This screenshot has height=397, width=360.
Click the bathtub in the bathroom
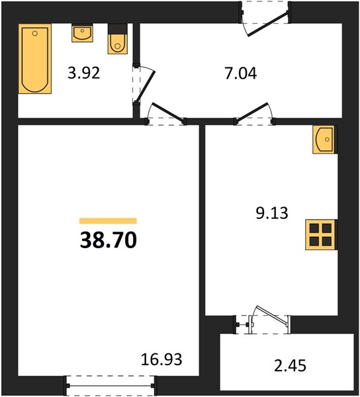pos(35,59)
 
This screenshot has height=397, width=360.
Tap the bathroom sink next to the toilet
pos(82,33)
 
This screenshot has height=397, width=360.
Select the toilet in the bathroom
pos(118,39)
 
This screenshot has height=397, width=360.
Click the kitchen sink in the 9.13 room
pos(324,140)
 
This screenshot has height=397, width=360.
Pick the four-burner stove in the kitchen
pos(320,235)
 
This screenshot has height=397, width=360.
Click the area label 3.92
pos(84,73)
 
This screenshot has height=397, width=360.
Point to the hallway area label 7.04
pos(241,73)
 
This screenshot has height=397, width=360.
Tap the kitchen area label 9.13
pos(272,213)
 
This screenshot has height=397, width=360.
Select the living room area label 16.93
pos(161,359)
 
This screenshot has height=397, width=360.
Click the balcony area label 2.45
pos(290,366)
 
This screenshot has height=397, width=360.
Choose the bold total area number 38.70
pos(109,240)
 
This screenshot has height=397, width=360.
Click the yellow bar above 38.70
pos(108,221)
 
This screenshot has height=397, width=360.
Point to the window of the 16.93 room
pos(111,386)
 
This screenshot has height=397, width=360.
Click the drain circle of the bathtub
pos(35,33)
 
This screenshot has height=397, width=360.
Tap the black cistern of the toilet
pos(118,29)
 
